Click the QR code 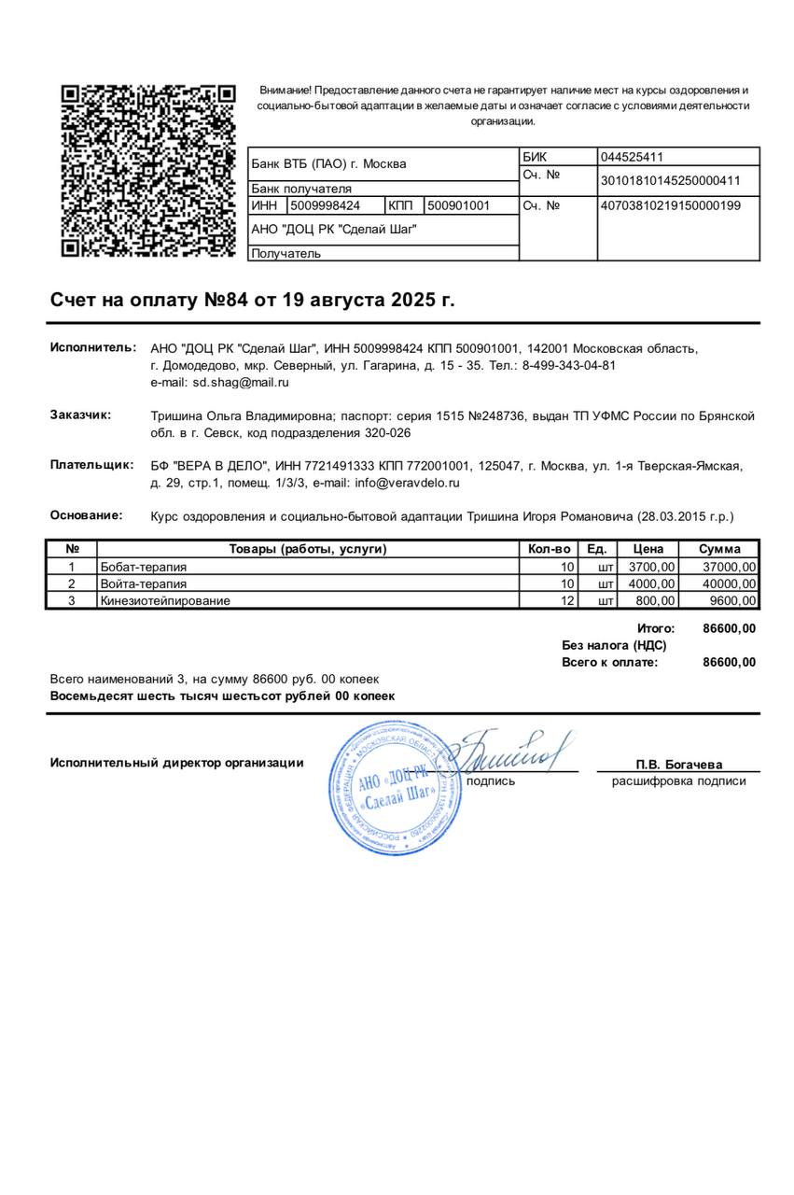[147, 170]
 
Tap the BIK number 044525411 [632, 157]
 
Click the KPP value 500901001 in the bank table [458, 205]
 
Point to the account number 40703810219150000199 [670, 205]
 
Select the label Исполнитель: [93, 347]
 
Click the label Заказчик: [80, 415]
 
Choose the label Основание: [86, 514]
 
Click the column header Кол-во [549, 549]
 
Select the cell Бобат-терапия [144, 567]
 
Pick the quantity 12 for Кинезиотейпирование [567, 600]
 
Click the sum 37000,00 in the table [730, 567]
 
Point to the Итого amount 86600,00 [729, 628]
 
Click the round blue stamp [395, 789]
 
